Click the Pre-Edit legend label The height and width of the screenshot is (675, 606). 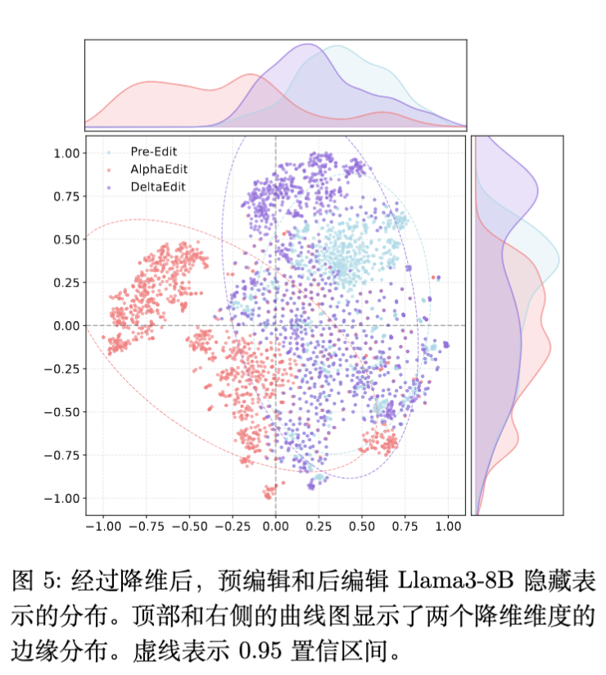[153, 152]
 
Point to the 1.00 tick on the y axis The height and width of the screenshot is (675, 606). [66, 153]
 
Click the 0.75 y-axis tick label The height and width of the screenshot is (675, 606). [66, 197]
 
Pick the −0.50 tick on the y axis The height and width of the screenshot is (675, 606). [62, 412]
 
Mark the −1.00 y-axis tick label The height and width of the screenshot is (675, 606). [62, 498]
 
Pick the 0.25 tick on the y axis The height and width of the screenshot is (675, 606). [66, 283]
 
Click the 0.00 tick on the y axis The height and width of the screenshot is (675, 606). [66, 326]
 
